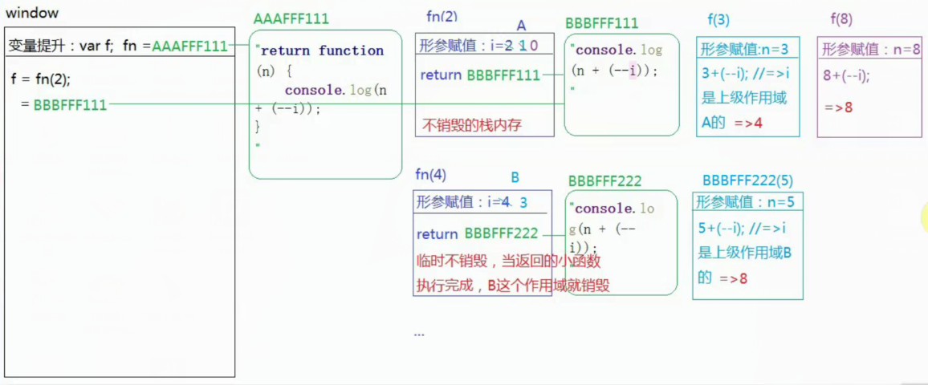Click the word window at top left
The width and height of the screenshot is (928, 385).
32,14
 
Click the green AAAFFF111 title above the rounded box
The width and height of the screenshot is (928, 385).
291,19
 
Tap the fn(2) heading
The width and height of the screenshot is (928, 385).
442,17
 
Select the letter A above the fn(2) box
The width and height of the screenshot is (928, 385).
522,26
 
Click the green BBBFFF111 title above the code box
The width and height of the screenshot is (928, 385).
602,23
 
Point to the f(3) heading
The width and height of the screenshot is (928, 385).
718,20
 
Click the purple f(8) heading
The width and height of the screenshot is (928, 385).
841,20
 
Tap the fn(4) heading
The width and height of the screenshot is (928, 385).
430,175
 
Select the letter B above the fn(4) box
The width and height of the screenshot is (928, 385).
515,177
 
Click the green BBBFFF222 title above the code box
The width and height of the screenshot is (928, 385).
604,182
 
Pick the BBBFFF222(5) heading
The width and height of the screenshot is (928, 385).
747,180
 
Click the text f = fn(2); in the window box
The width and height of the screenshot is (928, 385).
47,79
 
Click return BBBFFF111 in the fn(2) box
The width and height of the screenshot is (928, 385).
479,75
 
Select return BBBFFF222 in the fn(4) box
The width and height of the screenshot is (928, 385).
477,234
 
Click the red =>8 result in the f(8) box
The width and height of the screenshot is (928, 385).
838,107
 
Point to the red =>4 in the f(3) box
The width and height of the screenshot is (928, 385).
748,123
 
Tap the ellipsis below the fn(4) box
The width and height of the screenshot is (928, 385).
419,333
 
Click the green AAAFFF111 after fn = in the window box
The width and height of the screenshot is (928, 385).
189,47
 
